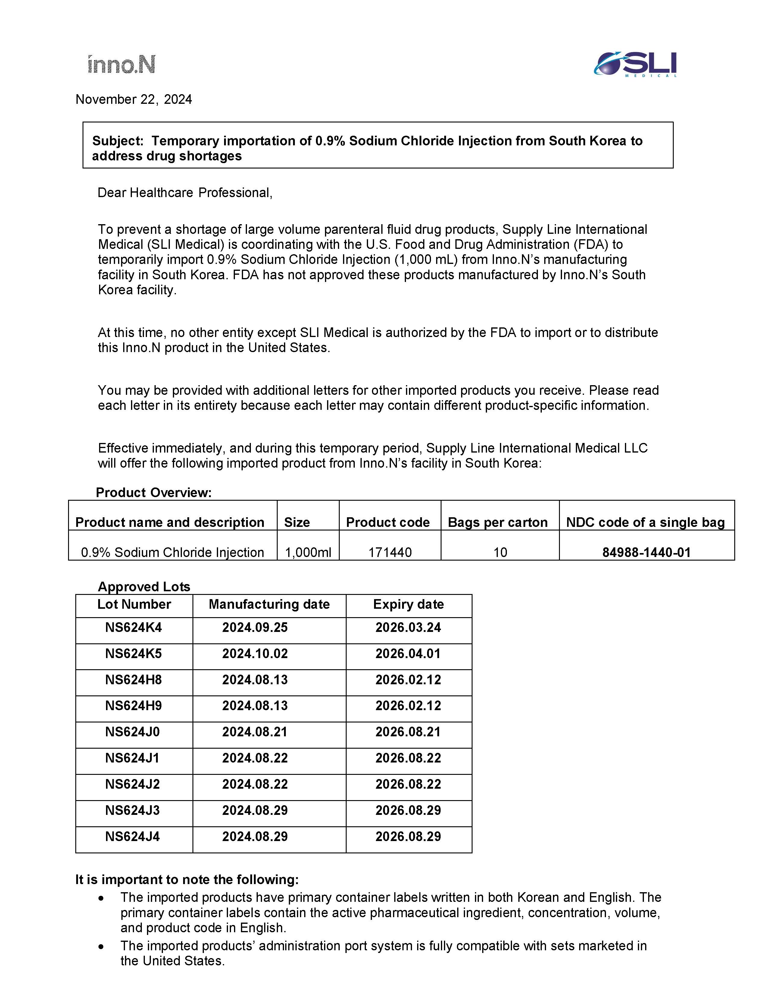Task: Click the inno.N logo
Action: pos(121,65)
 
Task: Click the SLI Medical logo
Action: pos(635,65)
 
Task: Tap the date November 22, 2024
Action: pos(134,100)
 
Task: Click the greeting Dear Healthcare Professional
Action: pos(185,193)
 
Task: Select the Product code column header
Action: pos(388,522)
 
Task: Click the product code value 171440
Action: pos(390,552)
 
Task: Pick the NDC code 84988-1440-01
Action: pos(646,552)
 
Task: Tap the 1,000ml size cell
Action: pos(308,552)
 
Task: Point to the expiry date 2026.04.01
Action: pos(408,654)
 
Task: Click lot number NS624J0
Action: pos(133,732)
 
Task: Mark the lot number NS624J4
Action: pos(133,837)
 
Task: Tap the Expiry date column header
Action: pos(408,604)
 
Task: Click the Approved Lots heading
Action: pos(144,586)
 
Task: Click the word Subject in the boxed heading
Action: pos(117,141)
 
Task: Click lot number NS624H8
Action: pos(133,680)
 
